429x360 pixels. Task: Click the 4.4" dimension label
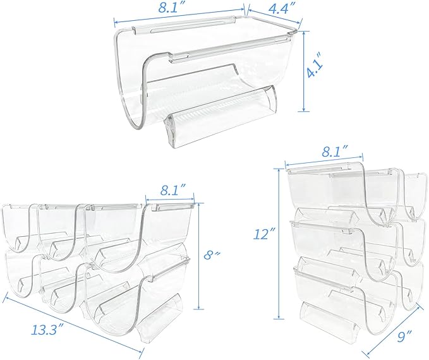pyautogui.click(x=279, y=9)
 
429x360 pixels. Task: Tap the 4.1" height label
pyautogui.click(x=313, y=69)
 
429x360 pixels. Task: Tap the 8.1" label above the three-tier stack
pyautogui.click(x=334, y=152)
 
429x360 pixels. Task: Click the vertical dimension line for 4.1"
pyautogui.click(x=304, y=71)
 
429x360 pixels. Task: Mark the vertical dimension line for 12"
pyautogui.click(x=279, y=244)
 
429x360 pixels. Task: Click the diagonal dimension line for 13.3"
pyautogui.click(x=75, y=323)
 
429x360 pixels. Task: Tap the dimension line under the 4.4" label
pyautogui.click(x=275, y=17)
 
